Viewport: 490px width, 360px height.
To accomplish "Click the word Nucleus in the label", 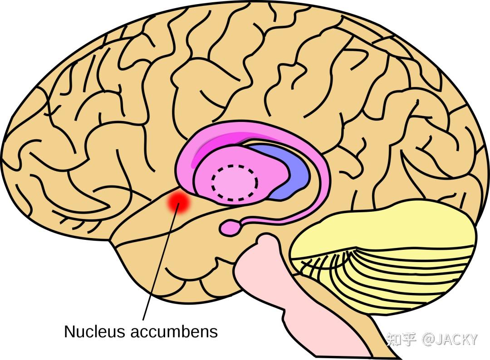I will [x=94, y=331].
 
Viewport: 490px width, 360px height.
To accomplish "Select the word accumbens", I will [x=174, y=331].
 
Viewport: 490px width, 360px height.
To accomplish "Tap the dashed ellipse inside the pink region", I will [x=235, y=182].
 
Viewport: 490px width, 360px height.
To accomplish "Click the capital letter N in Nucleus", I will [x=69, y=331].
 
